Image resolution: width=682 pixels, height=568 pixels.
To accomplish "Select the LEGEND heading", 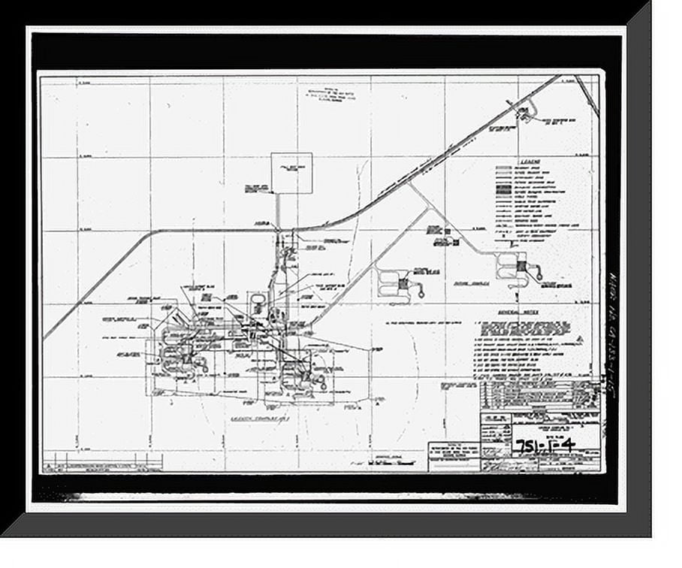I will [x=518, y=162].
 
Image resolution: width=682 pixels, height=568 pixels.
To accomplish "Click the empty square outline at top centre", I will [x=291, y=173].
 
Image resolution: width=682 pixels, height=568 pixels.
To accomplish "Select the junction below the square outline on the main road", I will [x=277, y=228].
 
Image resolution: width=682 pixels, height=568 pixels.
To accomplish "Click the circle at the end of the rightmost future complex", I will [x=538, y=274].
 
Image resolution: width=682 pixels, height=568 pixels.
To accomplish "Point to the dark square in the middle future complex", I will [x=406, y=283].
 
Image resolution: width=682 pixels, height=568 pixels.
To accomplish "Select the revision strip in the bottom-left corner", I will [x=102, y=461].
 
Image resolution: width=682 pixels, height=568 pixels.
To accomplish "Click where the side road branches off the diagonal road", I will [x=411, y=184].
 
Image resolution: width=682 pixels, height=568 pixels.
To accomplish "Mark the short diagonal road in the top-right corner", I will [x=587, y=95].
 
